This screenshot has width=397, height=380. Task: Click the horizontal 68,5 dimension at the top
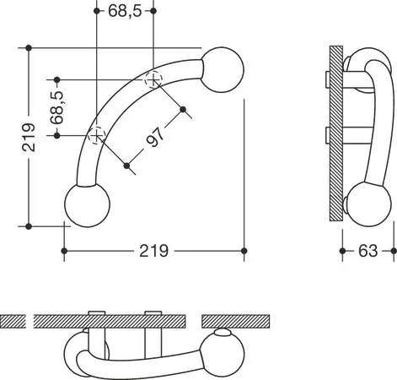pyautogui.click(x=125, y=11)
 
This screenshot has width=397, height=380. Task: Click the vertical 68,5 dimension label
pyautogui.click(x=57, y=107)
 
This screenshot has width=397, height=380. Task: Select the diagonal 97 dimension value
pyautogui.click(x=155, y=137)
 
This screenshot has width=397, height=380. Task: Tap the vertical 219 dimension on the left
pyautogui.click(x=29, y=138)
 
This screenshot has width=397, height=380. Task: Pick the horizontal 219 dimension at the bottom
pyautogui.click(x=154, y=251)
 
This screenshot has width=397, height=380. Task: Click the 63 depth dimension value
pyautogui.click(x=367, y=251)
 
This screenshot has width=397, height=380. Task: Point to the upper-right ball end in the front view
pyautogui.click(x=222, y=70)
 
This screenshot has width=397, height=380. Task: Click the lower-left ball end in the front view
pyautogui.click(x=87, y=205)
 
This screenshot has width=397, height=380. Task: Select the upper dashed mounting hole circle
pyautogui.click(x=153, y=80)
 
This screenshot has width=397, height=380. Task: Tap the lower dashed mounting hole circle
pyautogui.click(x=97, y=136)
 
